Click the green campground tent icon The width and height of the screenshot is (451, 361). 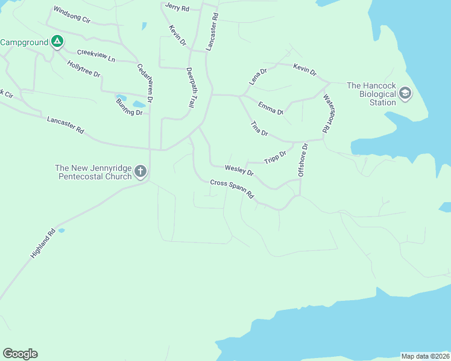pos(57,42)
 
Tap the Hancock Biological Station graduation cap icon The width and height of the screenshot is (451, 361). pos(405,93)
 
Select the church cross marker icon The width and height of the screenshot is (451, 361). pos(140,172)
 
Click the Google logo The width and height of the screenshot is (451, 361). pos(20,354)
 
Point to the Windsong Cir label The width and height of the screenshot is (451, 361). pos(71,14)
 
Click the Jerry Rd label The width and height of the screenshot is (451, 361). pos(177,8)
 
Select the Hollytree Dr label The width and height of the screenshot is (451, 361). pos(84,73)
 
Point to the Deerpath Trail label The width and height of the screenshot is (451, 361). pos(191,88)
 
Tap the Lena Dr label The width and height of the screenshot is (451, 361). pos(257,76)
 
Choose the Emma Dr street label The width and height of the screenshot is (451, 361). pos(271,108)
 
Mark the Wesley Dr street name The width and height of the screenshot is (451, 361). pos(239,171)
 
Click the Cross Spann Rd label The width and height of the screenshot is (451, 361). pos(232,188)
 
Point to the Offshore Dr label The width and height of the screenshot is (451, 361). pos(303,159)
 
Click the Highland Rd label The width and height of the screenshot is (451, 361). pos(43,243)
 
